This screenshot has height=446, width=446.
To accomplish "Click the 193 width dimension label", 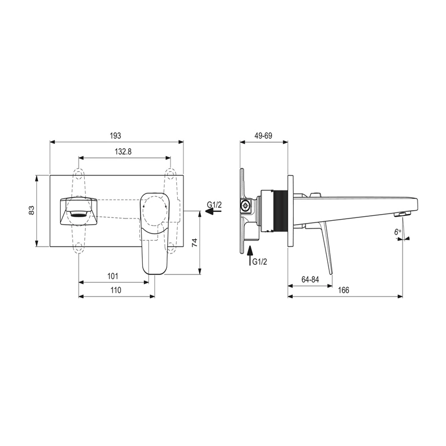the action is coord(115,135).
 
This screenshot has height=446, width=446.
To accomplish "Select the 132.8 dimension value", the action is coord(123,152).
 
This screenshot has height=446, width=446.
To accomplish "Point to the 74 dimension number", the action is coord(194,243).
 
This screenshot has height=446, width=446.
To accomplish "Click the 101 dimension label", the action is coord(113,276).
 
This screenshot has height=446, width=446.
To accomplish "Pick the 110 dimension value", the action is coord(116,290).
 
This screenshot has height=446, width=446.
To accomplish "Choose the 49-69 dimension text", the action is coord(263,135).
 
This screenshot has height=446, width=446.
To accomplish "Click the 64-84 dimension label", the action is coord(310,279).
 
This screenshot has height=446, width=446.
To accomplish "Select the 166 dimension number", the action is coord(343,290).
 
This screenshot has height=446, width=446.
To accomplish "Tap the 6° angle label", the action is coord(397,232).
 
